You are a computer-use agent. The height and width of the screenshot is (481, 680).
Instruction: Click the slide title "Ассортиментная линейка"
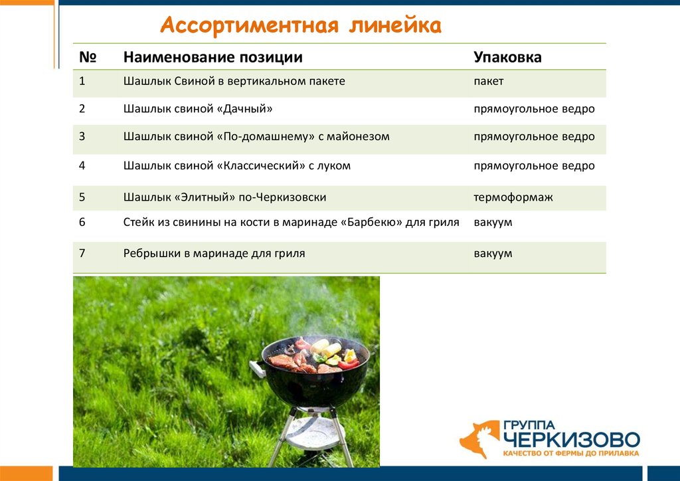pos(300,26)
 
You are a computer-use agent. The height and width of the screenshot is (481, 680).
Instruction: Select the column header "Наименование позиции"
pos(212,57)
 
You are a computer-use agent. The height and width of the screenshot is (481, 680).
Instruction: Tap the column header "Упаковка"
pos(507,57)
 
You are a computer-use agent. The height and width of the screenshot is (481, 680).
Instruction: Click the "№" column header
pos(88,57)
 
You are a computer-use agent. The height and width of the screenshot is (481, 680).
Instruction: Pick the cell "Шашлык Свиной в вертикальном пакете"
pos(234,81)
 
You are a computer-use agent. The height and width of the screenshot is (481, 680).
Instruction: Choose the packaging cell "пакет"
pos(488,81)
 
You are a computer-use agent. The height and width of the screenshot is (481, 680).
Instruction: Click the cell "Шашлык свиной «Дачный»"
pos(198,108)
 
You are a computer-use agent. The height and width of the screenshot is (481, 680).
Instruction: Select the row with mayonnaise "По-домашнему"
pos(256,136)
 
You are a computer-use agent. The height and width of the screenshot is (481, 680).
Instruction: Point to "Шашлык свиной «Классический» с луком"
pos(236,165)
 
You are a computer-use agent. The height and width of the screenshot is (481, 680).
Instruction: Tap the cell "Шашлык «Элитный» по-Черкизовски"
pos(224,197)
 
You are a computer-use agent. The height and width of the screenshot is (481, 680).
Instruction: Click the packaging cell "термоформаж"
pos(513,197)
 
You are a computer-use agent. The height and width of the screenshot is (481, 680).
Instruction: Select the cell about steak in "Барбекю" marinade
pos(291,223)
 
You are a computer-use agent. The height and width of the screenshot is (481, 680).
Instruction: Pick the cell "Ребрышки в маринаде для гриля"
pos(214,253)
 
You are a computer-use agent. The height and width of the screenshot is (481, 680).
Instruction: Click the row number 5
pos(82,197)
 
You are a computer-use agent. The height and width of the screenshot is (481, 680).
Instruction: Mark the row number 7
pos(82,253)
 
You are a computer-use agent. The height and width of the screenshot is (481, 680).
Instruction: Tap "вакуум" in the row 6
pos(493,223)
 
